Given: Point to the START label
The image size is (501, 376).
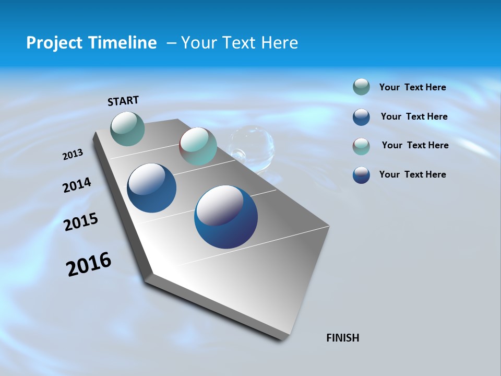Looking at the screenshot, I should (123, 101).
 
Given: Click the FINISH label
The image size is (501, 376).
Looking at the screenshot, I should (343, 338).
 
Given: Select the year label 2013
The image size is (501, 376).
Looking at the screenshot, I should (73, 155).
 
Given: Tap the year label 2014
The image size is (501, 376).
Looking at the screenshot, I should (77, 185).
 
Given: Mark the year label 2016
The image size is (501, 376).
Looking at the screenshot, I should (89, 264).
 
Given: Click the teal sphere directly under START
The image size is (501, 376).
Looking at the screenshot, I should (128, 128).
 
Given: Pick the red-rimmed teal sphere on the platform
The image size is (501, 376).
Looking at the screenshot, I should (198, 146).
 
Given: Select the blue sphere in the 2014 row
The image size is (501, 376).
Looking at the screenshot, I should (151, 188).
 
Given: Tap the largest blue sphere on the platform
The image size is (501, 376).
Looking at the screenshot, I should (225, 217).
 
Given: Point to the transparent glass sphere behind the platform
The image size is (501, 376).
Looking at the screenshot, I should (253, 147).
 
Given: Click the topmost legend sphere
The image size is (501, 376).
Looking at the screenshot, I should (361, 87).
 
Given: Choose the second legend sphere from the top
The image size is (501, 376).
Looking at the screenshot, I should (361, 117).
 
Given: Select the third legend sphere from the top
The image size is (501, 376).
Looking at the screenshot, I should (361, 146).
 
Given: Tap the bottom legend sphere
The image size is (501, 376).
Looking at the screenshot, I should (361, 175).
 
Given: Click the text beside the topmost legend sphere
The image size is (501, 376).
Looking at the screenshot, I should (412, 87).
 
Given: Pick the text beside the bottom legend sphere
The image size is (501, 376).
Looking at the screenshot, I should (412, 174).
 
